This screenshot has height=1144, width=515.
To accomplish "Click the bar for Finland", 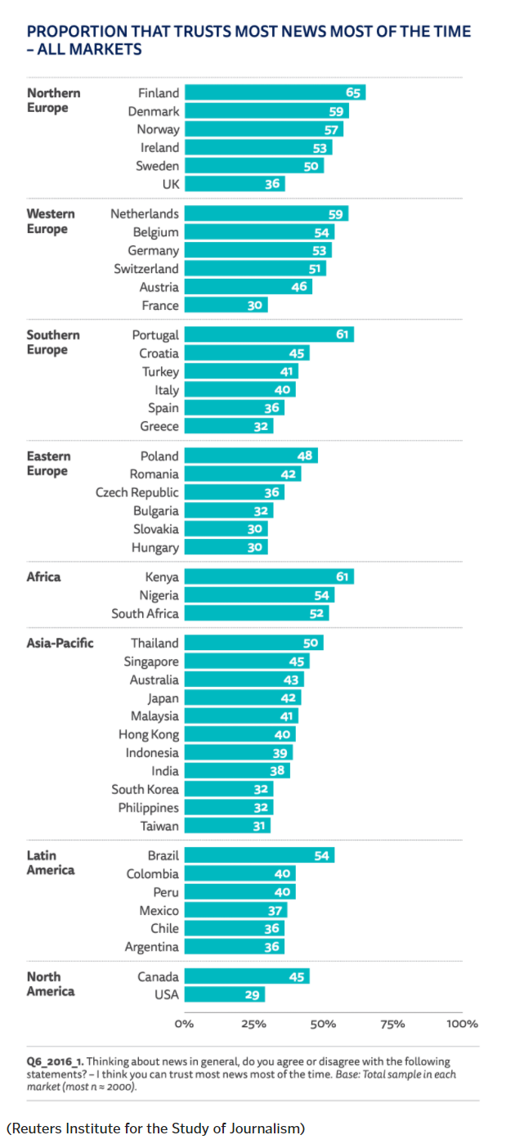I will coord(274,92).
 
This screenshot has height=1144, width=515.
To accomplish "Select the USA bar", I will coord(224,994).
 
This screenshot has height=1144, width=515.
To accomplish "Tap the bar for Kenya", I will coord(268,577).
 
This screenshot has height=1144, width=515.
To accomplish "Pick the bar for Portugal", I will coord(268,334).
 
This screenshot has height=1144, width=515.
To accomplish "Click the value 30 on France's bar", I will coord(254,305).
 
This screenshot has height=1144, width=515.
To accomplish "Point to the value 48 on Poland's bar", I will coord(304,455).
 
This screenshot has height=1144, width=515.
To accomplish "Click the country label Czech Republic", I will coord(137,492).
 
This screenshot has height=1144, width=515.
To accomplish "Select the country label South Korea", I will coord(145,789).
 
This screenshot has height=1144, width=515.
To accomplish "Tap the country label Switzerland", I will coord(146,268).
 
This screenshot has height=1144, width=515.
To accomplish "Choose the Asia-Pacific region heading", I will coord(60,643).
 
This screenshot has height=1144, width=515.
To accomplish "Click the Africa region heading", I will coord(43,576).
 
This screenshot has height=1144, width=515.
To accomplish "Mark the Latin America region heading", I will coord(50,862).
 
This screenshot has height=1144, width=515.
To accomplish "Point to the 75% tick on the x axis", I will coord(392,1024).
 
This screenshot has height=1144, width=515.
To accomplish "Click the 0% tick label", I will coord(185,1024).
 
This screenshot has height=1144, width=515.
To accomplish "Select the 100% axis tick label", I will coord(462,1024).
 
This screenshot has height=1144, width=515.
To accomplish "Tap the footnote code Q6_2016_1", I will coord(54,1061).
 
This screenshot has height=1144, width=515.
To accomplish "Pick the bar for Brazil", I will coord(259,855).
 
